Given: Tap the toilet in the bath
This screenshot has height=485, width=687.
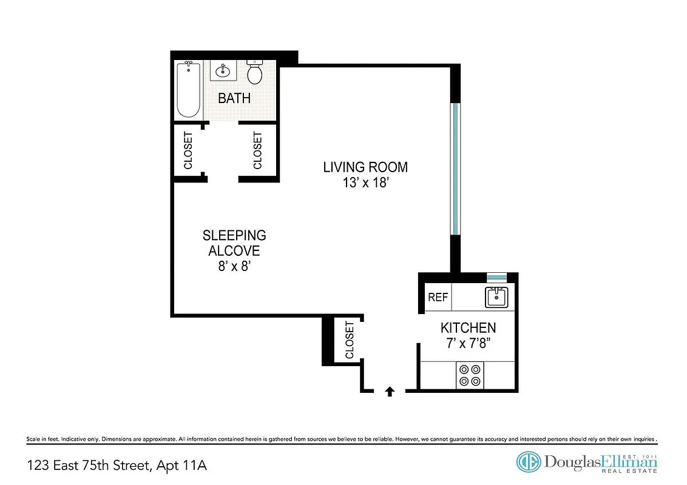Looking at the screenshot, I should (255, 72).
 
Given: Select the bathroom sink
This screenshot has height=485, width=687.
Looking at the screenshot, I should (224, 71).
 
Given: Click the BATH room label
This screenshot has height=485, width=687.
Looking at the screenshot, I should (234, 98).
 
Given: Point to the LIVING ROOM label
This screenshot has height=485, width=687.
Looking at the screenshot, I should (365, 167).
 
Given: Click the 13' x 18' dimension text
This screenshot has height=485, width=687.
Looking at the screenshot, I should (365, 182).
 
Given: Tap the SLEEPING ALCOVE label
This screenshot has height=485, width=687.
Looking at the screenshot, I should (234, 242).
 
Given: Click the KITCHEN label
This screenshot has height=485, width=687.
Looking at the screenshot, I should (468, 328).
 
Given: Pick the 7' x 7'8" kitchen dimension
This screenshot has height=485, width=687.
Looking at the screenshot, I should (468, 343).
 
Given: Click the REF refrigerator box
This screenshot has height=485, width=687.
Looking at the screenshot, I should (438, 297).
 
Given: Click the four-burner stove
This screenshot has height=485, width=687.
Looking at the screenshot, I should (470, 375).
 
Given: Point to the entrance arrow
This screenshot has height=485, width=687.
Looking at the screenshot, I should (390, 392).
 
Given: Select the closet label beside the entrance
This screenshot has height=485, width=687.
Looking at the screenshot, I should (350, 341).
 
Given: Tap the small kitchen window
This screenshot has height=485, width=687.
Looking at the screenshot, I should (496, 277).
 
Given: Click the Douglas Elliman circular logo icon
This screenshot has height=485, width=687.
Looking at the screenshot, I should (528, 461).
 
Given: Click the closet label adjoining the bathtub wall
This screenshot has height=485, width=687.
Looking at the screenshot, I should (188, 150).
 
